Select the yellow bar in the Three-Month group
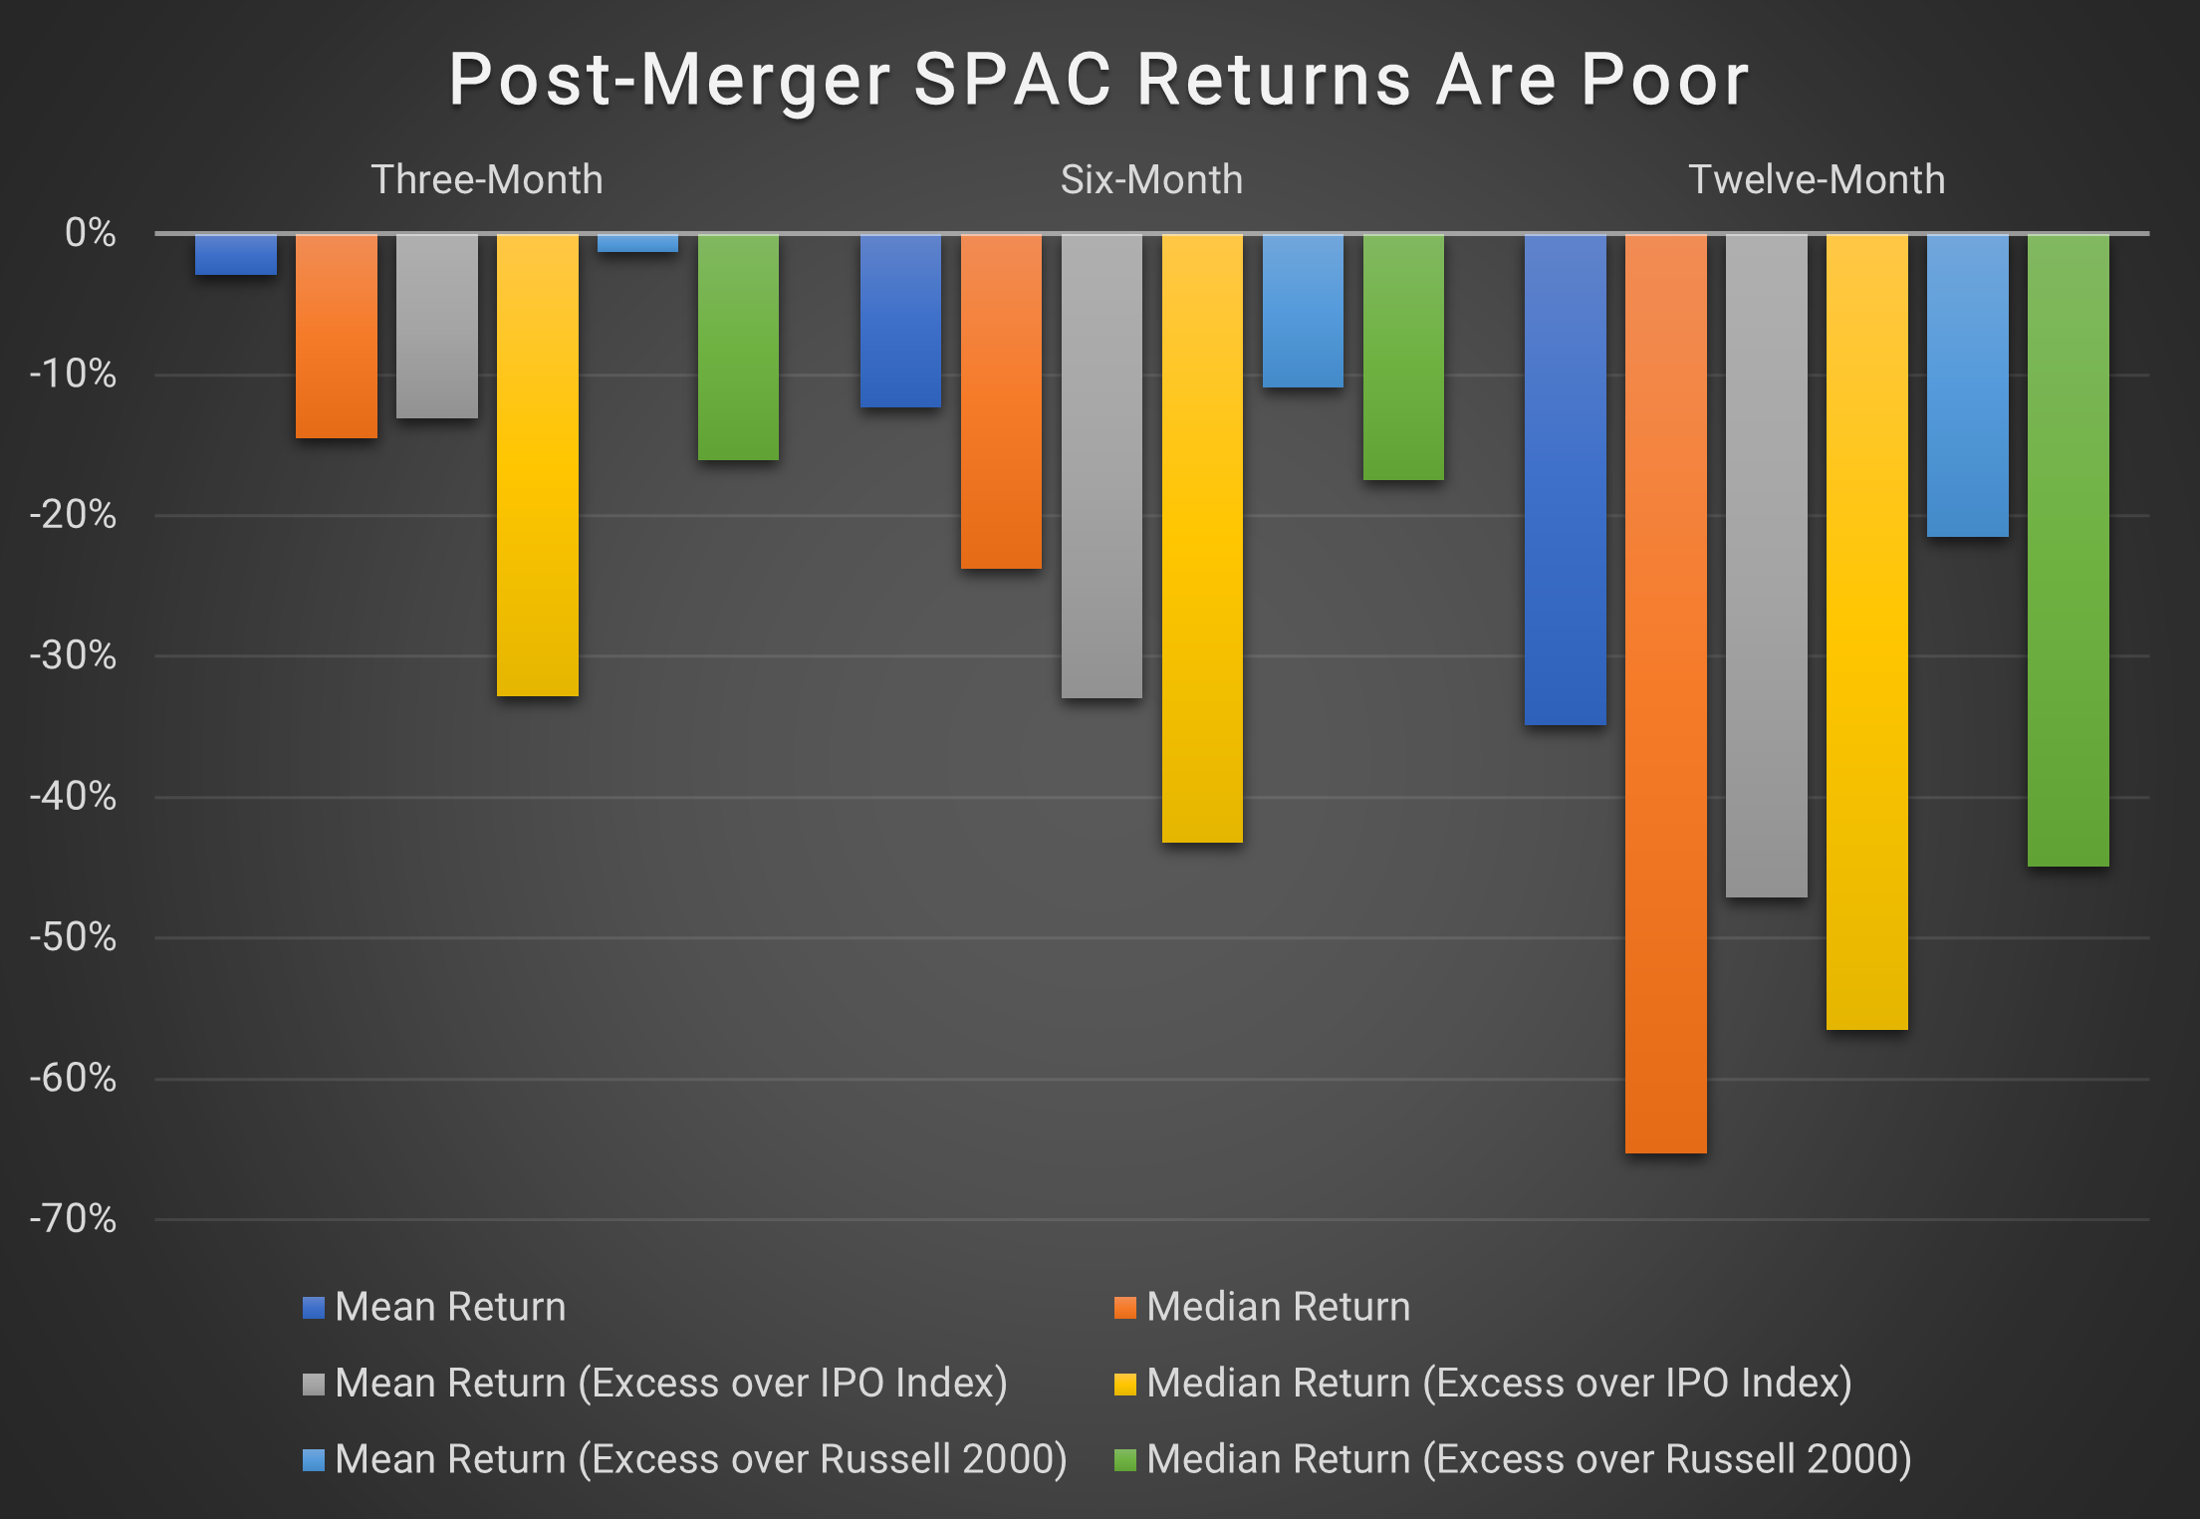[538, 465]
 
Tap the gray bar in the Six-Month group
[1101, 466]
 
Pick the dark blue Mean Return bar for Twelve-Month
[1565, 479]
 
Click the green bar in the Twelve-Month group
[2068, 550]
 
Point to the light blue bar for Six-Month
[1303, 311]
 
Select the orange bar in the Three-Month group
[337, 336]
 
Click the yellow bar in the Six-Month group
[1202, 538]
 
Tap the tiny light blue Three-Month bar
[637, 243]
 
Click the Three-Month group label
[487, 180]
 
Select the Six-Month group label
[1151, 180]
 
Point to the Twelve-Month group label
[1817, 180]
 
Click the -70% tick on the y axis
[74, 1218]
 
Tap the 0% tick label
[90, 233]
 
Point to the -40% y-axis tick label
[74, 797]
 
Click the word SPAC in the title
[1012, 80]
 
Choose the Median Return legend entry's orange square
[1124, 1307]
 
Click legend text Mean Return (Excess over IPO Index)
[670, 1383]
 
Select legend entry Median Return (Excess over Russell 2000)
[1528, 1459]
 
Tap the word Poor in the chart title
[1664, 80]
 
